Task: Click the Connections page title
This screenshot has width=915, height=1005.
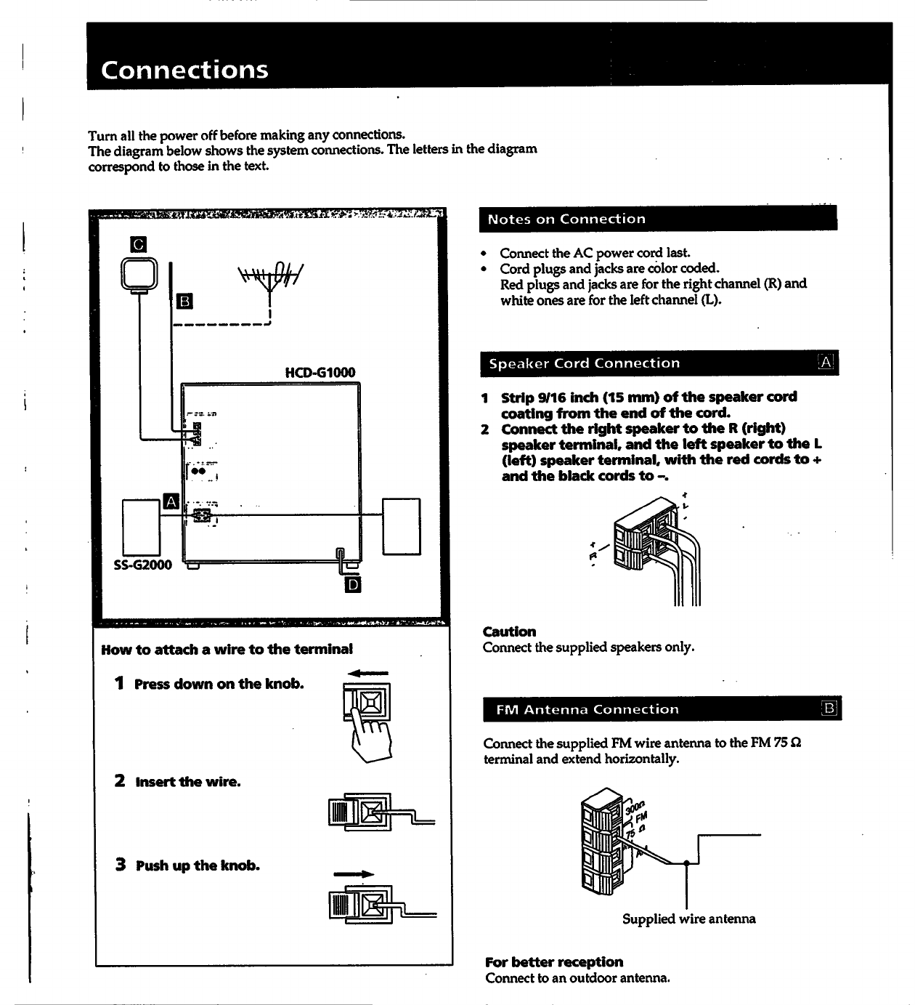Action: tap(184, 70)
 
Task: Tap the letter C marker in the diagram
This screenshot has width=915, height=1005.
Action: tap(138, 245)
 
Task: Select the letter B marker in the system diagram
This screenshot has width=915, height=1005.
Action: tap(184, 301)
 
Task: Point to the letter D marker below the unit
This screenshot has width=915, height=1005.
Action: tap(353, 584)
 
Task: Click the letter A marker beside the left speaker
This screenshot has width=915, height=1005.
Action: tap(171, 501)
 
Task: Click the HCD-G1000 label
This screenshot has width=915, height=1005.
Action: tap(320, 373)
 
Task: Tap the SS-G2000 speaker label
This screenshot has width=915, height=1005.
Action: tap(143, 565)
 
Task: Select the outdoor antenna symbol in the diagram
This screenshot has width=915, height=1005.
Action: tap(269, 280)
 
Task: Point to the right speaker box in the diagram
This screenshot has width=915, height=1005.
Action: tap(401, 527)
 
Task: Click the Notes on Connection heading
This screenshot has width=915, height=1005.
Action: tap(566, 219)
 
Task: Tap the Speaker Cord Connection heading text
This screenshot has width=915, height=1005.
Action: tap(584, 363)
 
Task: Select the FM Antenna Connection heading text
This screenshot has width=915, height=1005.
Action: tap(587, 709)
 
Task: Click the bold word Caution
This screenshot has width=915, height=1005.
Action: tap(509, 631)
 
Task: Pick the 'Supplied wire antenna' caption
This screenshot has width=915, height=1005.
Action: tap(688, 919)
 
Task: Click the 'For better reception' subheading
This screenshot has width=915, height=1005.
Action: tap(554, 962)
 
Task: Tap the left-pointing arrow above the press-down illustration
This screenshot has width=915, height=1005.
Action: tap(367, 674)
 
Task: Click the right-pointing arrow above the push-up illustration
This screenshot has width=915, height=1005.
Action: tap(354, 874)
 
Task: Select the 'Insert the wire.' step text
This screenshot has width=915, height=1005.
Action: tap(187, 782)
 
